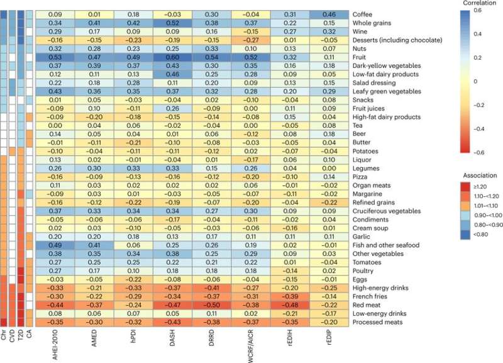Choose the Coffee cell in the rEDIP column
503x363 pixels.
click(x=329, y=14)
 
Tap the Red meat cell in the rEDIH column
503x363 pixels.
click(x=290, y=305)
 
